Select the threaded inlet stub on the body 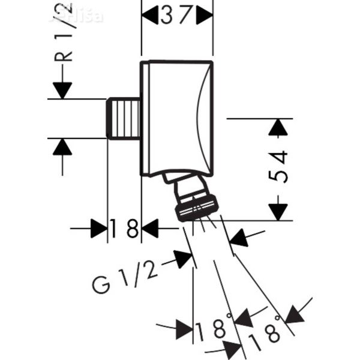point(124,119)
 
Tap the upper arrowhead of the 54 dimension point(276,127)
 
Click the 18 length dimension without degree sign point(124,229)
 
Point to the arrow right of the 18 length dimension point(150,229)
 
